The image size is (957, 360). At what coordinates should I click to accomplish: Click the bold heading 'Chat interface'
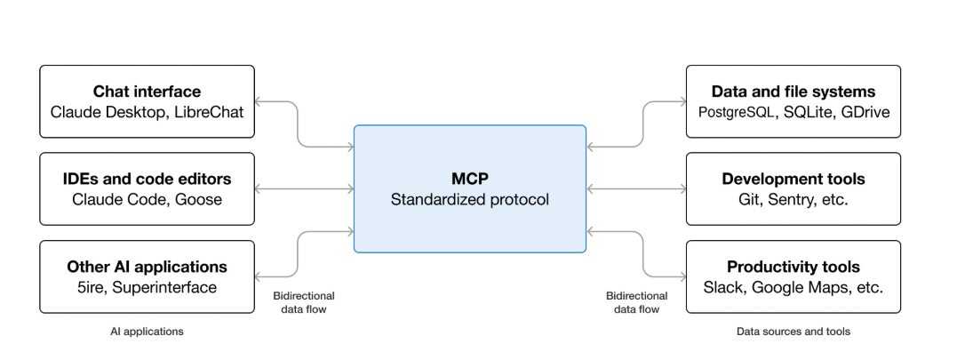pyautogui.click(x=147, y=92)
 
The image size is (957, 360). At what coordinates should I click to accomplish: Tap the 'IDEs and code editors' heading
pyautogui.click(x=147, y=179)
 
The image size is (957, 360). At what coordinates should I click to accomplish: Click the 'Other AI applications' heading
pyautogui.click(x=147, y=267)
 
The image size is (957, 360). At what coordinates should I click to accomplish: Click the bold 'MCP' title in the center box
pyautogui.click(x=469, y=179)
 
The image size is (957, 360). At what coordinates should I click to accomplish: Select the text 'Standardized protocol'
pyautogui.click(x=469, y=199)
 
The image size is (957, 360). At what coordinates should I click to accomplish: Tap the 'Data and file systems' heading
pyautogui.click(x=793, y=92)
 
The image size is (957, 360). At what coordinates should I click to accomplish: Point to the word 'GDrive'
pyautogui.click(x=865, y=112)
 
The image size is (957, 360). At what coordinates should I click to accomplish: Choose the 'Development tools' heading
pyautogui.click(x=793, y=179)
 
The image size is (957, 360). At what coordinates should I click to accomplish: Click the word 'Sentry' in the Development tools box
pyautogui.click(x=787, y=199)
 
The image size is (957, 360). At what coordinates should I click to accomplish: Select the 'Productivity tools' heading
pyautogui.click(x=793, y=267)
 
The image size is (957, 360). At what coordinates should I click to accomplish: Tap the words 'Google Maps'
pyautogui.click(x=794, y=287)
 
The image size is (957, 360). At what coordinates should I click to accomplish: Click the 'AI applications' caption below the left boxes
pyautogui.click(x=147, y=332)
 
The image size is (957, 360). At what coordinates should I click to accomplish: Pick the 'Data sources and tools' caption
pyautogui.click(x=793, y=332)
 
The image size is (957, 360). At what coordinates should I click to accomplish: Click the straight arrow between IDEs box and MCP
pyautogui.click(x=304, y=188)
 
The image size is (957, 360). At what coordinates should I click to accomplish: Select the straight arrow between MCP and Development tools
pyautogui.click(x=635, y=188)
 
